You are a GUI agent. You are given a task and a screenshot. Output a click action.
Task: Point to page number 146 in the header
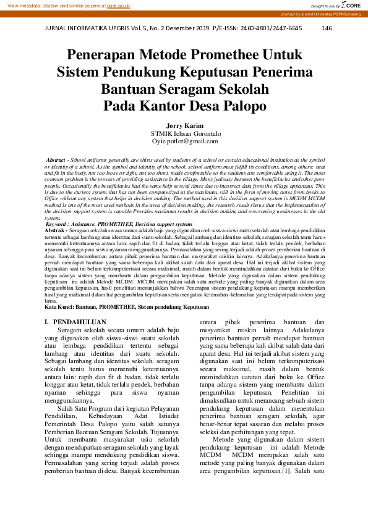point(327,28)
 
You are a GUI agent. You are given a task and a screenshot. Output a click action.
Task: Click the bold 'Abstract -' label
point(58,160)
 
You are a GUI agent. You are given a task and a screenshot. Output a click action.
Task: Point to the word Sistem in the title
point(81,72)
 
